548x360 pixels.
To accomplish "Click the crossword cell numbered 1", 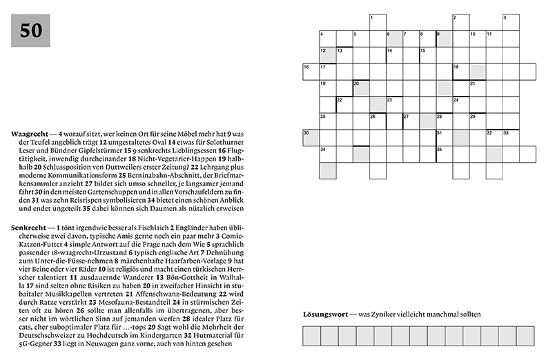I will pos(378,21).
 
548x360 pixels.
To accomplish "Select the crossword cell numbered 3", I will pos(511,21).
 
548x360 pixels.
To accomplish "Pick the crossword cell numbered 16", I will pos(311,71).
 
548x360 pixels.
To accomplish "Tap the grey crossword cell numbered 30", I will pos(311,137).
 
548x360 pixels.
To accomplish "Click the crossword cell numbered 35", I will pos(444,154).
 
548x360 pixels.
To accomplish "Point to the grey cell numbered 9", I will pos(444,38).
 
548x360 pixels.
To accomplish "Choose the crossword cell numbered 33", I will pos(511,137).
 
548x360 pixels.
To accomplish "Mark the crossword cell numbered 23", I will pos(394,104).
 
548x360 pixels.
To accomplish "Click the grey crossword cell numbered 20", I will pos(361,88).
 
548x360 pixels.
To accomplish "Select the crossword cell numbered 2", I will pos(460,21).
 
